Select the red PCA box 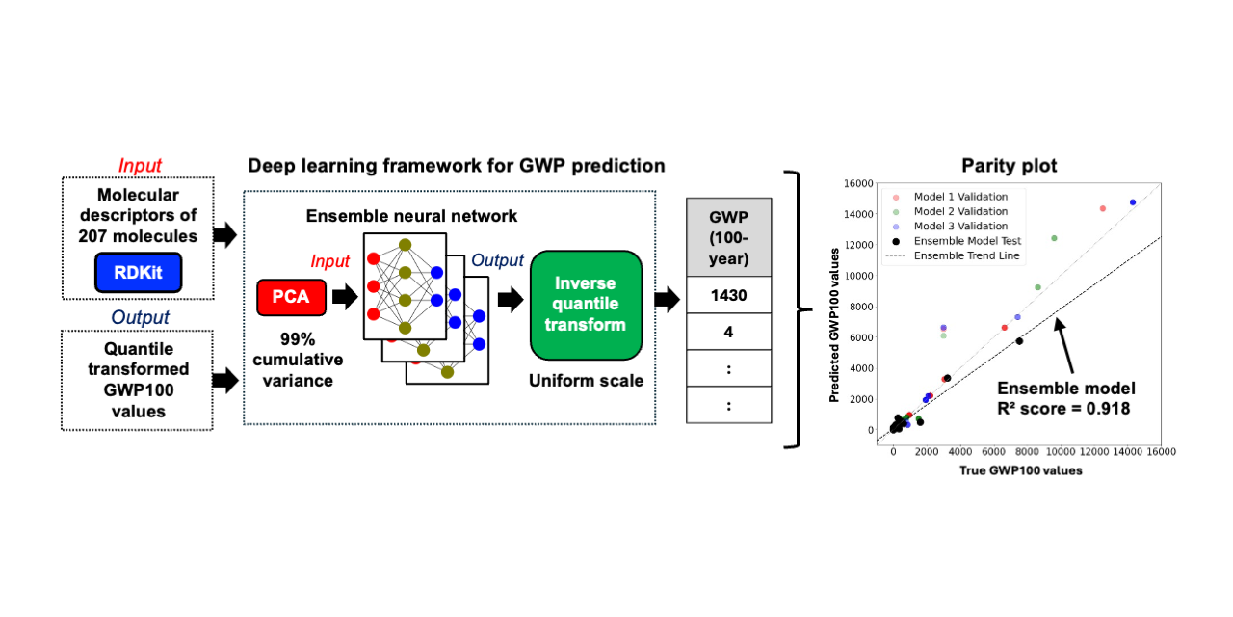(290, 296)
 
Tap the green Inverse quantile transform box (586, 304)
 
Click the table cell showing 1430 (728, 296)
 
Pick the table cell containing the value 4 (728, 332)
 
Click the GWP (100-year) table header (728, 237)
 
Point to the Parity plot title (1009, 166)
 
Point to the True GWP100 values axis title (1020, 470)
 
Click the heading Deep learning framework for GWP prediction (457, 166)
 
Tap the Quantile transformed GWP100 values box (138, 380)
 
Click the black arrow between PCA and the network (343, 296)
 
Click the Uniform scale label (586, 381)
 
